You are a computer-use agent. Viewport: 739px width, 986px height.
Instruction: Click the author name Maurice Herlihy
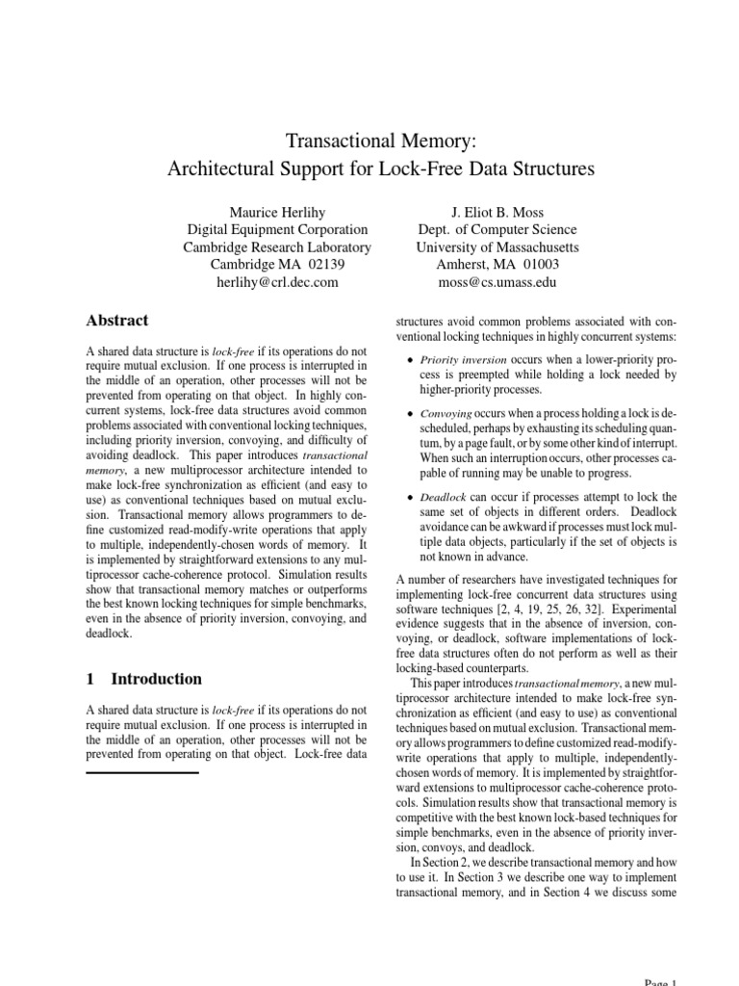click(277, 212)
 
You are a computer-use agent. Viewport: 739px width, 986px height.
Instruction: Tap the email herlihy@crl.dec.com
click(277, 282)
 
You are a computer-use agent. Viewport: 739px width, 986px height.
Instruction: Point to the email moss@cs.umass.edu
click(497, 282)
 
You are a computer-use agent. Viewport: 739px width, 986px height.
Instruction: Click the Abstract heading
click(117, 321)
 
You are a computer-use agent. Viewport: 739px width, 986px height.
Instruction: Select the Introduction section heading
click(156, 679)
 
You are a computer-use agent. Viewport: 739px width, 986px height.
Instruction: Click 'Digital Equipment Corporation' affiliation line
click(277, 229)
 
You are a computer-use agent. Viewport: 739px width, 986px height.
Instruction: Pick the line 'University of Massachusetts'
click(497, 247)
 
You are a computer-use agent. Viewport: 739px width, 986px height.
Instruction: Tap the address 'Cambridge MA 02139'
click(277, 265)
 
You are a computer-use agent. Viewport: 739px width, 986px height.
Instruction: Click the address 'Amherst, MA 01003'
click(497, 265)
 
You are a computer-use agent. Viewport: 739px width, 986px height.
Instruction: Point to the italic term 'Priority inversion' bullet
click(457, 359)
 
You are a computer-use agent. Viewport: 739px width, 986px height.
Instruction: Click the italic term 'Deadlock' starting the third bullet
click(443, 498)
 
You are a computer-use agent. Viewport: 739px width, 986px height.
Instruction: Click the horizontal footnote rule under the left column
click(142, 772)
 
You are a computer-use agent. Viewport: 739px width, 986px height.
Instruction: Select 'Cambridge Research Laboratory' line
click(277, 247)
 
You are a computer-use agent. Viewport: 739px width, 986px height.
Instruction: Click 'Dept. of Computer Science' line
click(497, 229)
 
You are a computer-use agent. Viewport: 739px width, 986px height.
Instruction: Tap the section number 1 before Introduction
click(90, 679)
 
